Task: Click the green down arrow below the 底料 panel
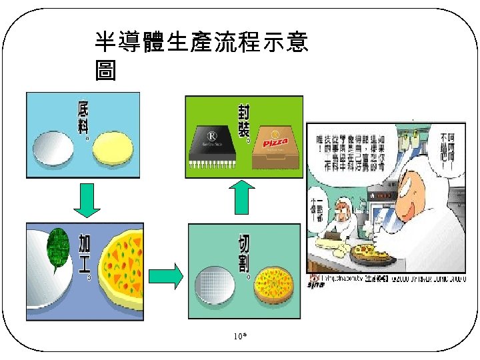(x=85, y=201)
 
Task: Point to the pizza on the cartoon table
(x=370, y=252)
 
